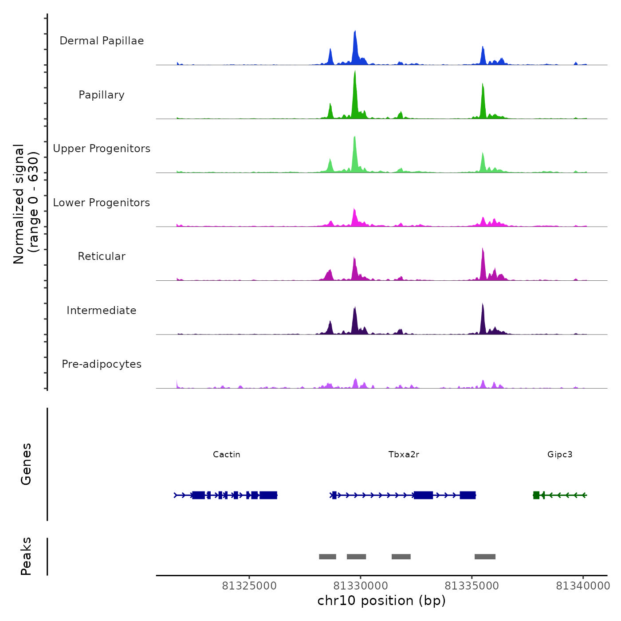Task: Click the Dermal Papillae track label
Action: coord(102,41)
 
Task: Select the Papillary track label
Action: coord(102,95)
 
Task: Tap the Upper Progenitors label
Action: coord(102,149)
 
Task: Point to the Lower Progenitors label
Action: coord(102,203)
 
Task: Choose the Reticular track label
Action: coord(102,256)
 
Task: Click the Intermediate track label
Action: coord(102,310)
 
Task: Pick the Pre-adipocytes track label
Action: coord(102,364)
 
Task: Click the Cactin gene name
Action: coord(226,455)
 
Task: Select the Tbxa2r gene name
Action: coord(404,455)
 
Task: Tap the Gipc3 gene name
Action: coord(560,455)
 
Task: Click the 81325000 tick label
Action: coord(249,586)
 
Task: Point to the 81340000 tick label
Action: coord(583,586)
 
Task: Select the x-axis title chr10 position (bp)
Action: coord(381,601)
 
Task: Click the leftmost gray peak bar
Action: coord(327,557)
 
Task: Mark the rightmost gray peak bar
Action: coord(485,557)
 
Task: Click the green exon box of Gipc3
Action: coord(536,495)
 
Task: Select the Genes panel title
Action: coord(26,464)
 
